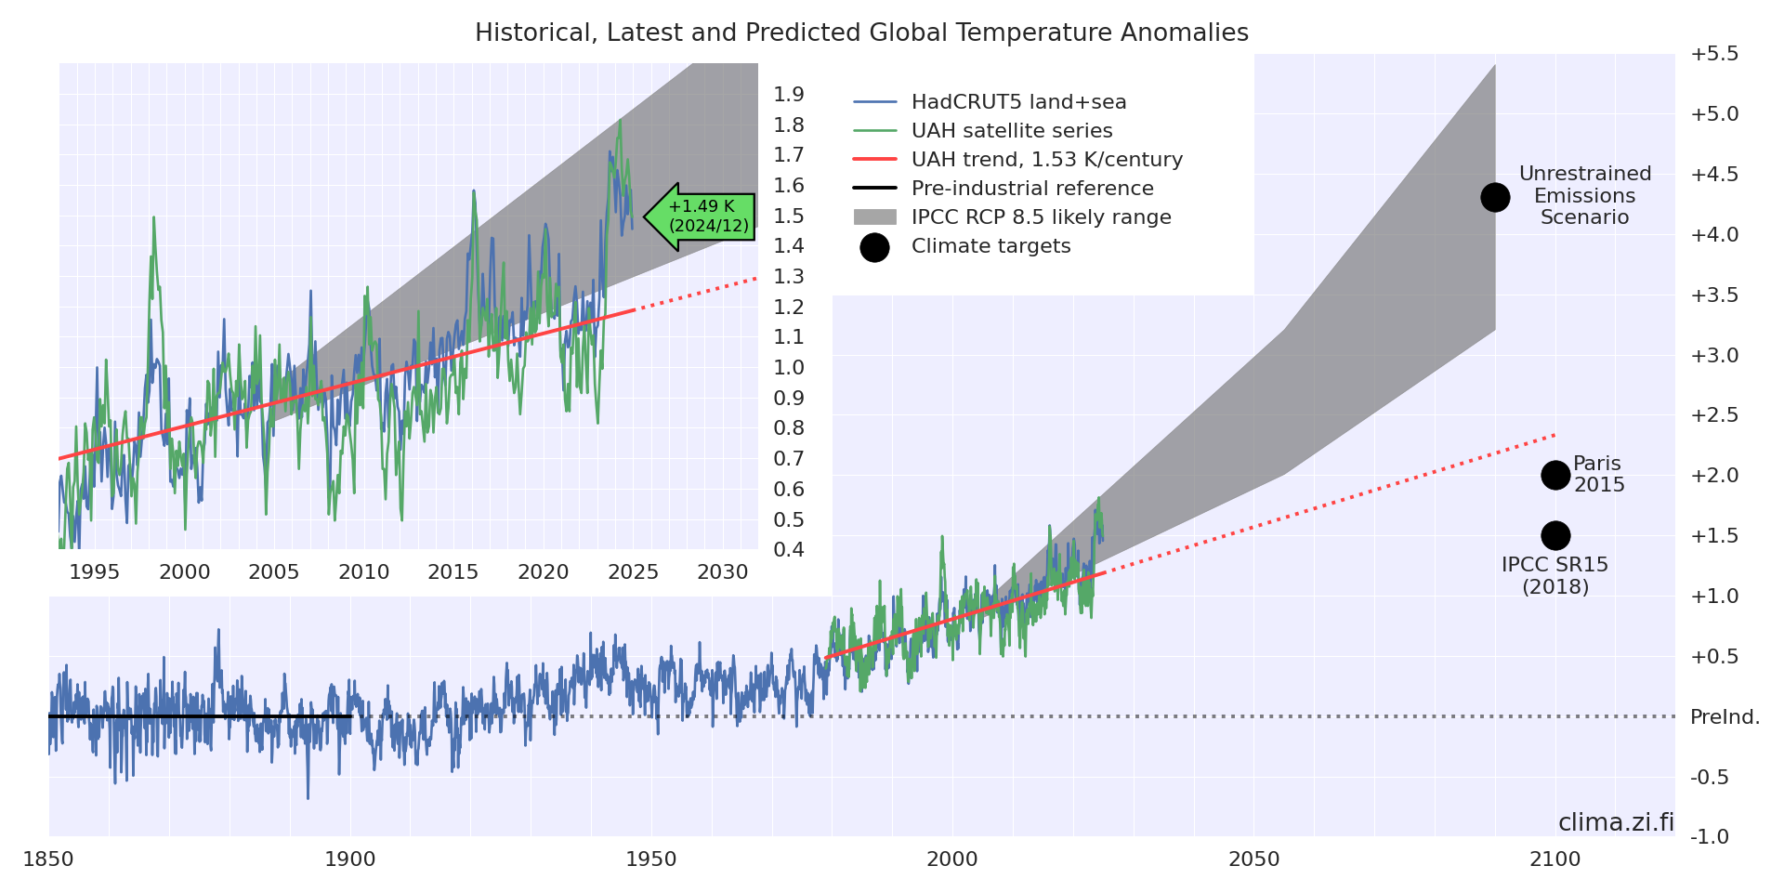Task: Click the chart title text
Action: (861, 33)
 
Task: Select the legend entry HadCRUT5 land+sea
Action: (1018, 102)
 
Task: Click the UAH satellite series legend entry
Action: (1011, 131)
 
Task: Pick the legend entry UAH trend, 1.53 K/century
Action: (1046, 160)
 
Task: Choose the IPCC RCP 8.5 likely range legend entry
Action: (1041, 217)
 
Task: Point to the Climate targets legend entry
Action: (990, 246)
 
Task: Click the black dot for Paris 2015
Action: (1555, 476)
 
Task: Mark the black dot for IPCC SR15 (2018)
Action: (1555, 535)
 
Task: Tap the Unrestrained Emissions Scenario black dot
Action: (1495, 197)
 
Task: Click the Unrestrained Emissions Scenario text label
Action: (1585, 196)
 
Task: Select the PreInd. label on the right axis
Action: (1725, 717)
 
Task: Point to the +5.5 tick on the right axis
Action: (1714, 54)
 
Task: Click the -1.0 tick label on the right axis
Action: (1710, 837)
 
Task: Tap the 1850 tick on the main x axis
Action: (48, 859)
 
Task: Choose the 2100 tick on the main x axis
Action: (1555, 859)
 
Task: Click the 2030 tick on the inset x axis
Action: (723, 572)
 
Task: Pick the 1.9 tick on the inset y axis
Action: (789, 95)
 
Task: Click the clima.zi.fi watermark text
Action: (1616, 823)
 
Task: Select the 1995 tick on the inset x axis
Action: (95, 572)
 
